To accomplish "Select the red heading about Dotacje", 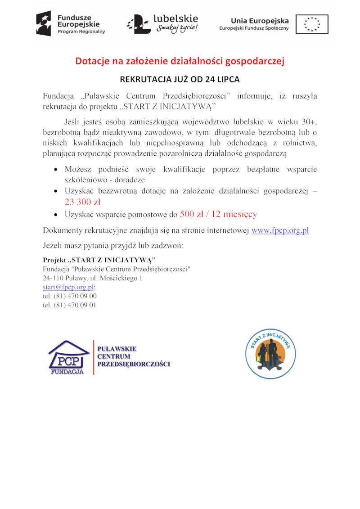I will click(180, 61).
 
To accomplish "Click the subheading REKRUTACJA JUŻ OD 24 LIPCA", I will click(180, 80).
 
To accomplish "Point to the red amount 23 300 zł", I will click(82, 202).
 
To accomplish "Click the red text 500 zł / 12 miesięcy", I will click(218, 214).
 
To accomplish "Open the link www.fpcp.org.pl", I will click(280, 230).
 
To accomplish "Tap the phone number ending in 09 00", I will click(70, 296).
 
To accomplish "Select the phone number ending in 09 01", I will click(70, 305).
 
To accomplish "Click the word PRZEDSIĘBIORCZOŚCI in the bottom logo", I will click(134, 364).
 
